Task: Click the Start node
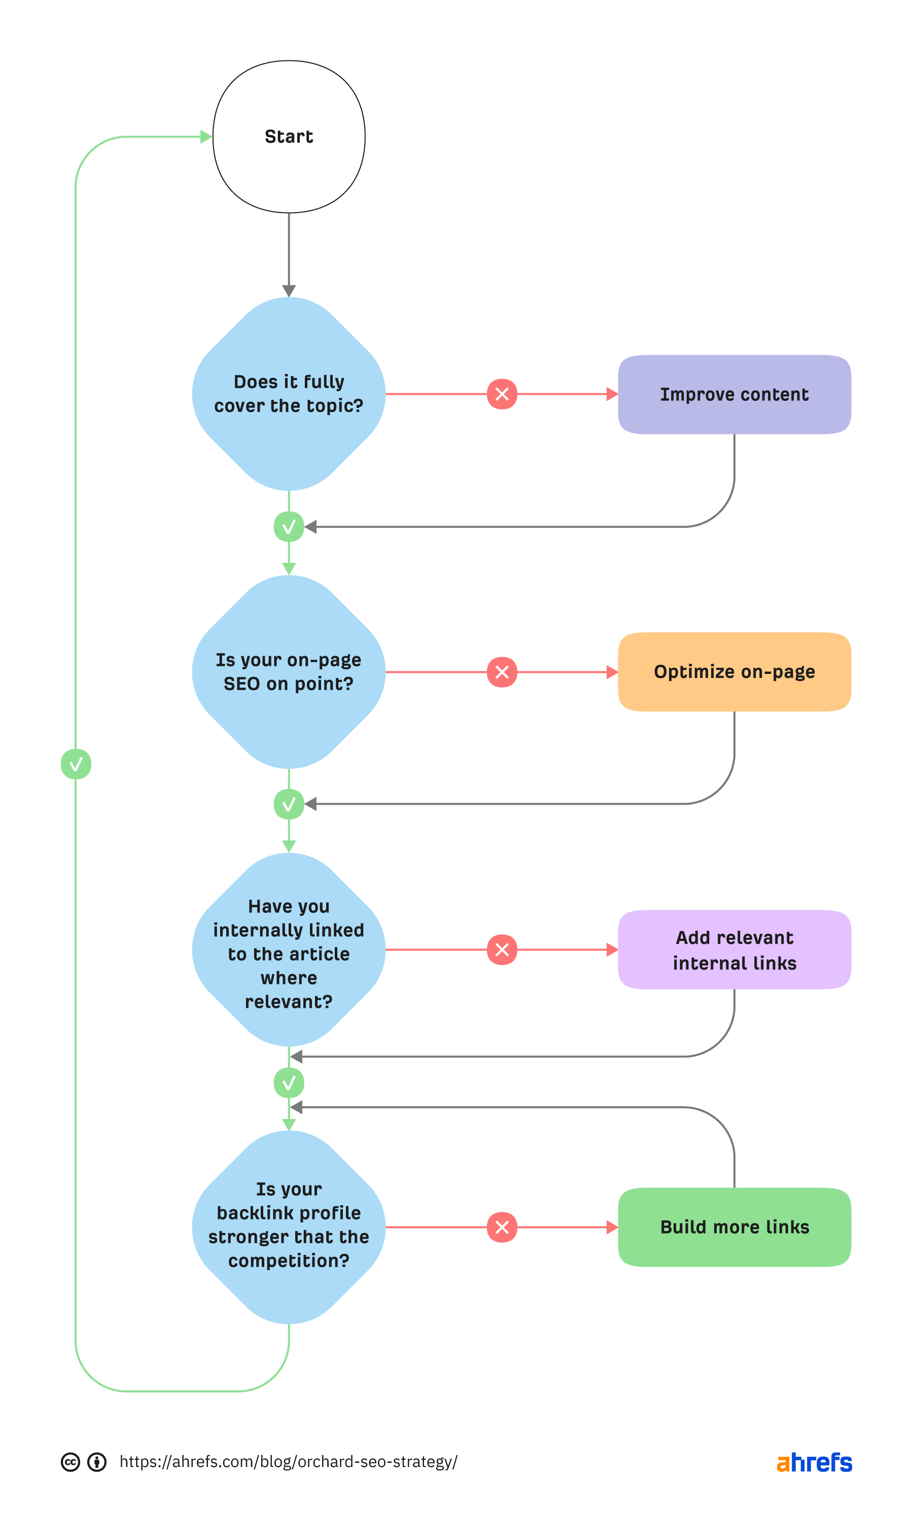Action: click(289, 137)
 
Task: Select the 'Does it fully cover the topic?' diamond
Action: click(289, 394)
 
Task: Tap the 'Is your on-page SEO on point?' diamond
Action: click(289, 671)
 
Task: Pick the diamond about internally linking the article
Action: click(289, 949)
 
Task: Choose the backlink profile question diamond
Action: click(289, 1227)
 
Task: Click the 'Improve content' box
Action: click(734, 394)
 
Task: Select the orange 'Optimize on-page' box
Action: click(734, 672)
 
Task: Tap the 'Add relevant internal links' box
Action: click(734, 949)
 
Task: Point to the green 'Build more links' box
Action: click(734, 1227)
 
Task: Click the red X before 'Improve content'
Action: click(502, 394)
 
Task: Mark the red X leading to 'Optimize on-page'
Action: click(502, 672)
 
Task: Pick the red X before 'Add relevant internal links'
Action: click(502, 949)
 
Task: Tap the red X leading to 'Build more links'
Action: click(502, 1227)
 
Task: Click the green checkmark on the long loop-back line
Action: click(76, 764)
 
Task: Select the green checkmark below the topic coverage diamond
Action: click(289, 527)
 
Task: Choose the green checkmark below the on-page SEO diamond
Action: click(289, 804)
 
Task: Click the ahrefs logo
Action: click(814, 1462)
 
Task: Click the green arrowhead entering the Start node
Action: click(206, 137)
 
